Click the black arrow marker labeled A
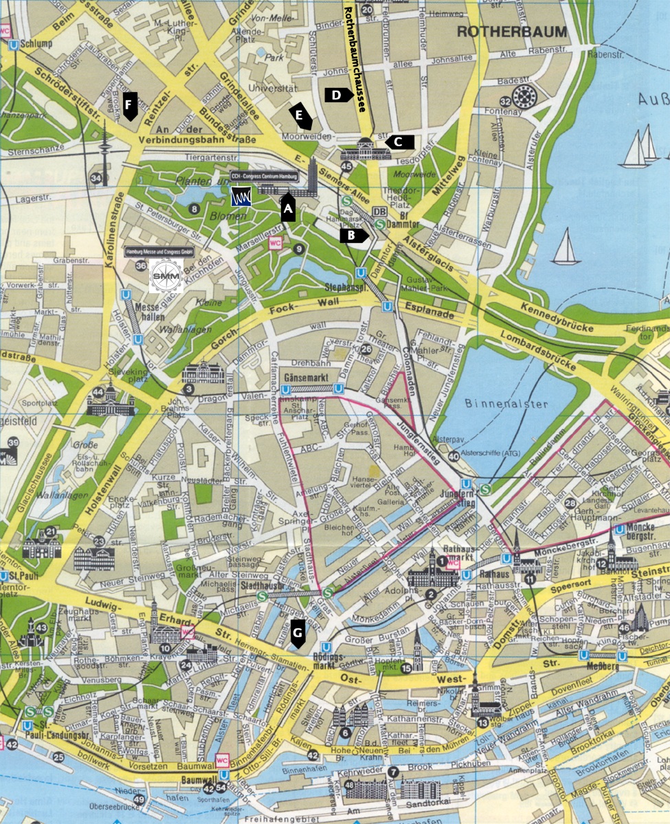tap(288, 208)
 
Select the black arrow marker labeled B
tap(355, 236)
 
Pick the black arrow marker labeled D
tap(338, 95)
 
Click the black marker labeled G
tap(298, 634)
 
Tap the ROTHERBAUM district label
tap(512, 32)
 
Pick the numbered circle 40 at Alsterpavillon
tap(454, 456)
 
